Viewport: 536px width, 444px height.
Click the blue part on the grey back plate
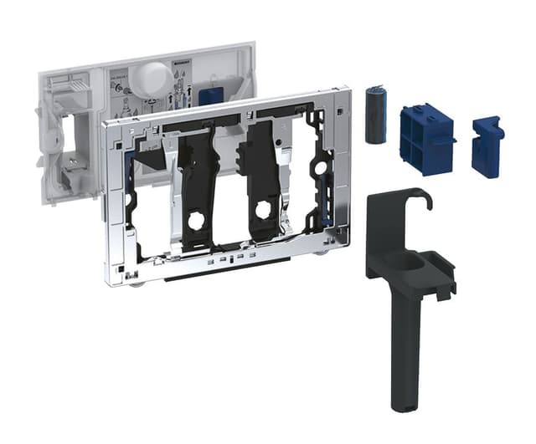click(209, 94)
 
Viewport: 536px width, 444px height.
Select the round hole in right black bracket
click(263, 209)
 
